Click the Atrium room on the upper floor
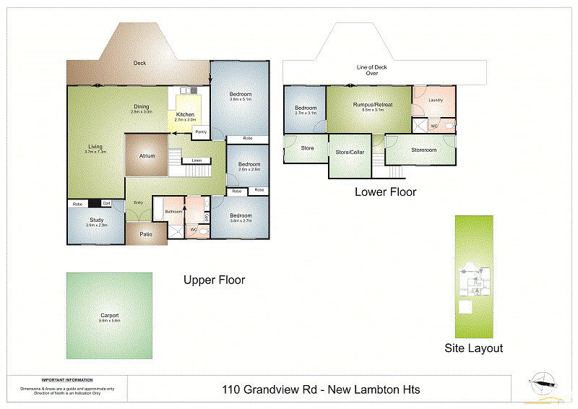pos(147,155)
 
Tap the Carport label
pos(110,316)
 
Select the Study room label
pos(96,220)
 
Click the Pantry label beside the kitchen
pos(201,132)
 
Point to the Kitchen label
pos(185,115)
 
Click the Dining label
pos(141,107)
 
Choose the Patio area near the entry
pos(146,233)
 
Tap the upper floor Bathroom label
pos(173,211)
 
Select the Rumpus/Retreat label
pos(373,105)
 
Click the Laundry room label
pos(435,100)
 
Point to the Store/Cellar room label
pos(350,152)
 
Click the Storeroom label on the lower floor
pos(424,150)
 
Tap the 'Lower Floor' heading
pos(385,192)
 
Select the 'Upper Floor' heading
pos(214,280)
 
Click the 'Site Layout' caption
pos(473,348)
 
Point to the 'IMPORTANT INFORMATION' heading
pos(66,380)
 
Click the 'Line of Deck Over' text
pos(372,70)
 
